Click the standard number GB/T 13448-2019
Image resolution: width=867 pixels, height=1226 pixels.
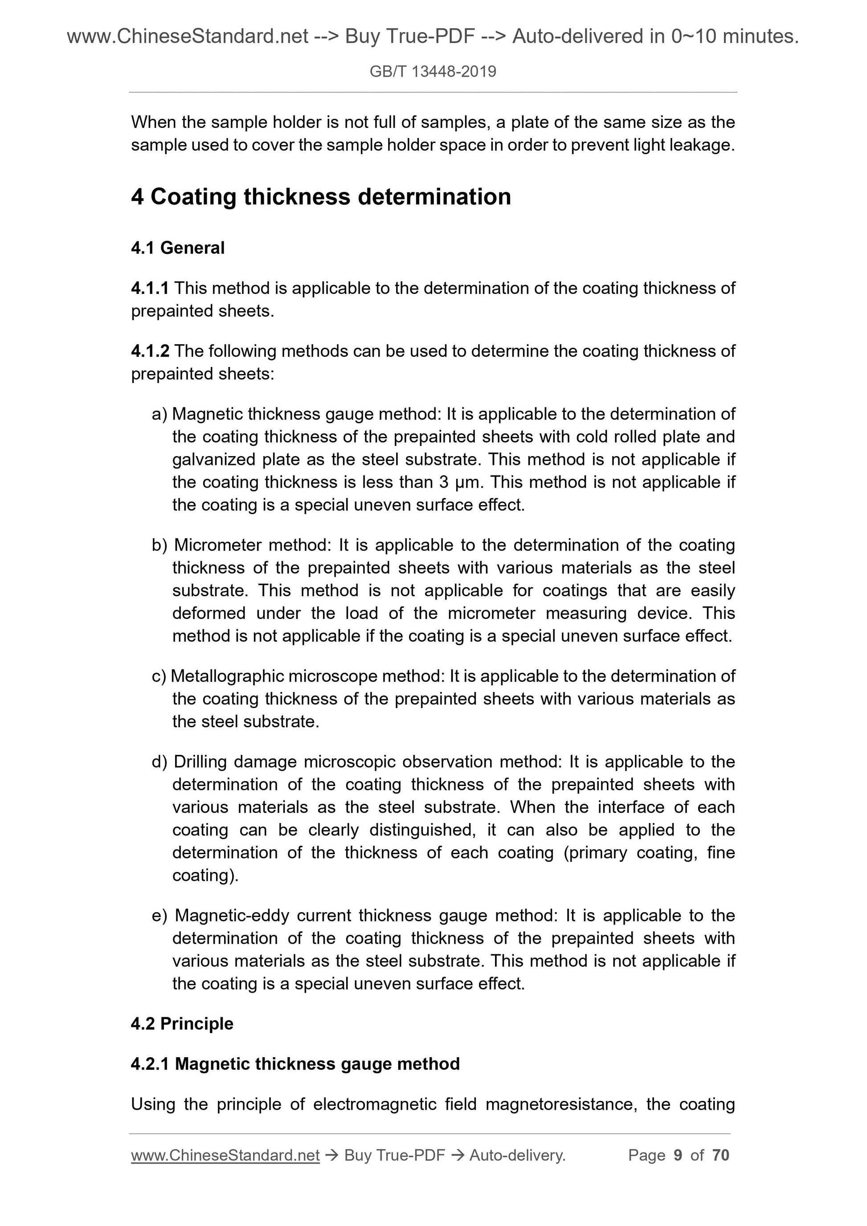click(x=433, y=72)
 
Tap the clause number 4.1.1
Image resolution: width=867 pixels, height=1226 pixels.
click(x=150, y=288)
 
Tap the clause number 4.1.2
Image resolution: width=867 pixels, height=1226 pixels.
click(x=150, y=351)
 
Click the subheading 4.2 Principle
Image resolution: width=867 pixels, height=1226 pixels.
click(x=182, y=1024)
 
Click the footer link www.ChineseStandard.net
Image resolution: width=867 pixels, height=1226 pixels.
click(x=225, y=1155)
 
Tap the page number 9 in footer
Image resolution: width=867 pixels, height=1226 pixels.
click(x=678, y=1155)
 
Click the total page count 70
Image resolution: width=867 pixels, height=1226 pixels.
click(x=720, y=1155)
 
